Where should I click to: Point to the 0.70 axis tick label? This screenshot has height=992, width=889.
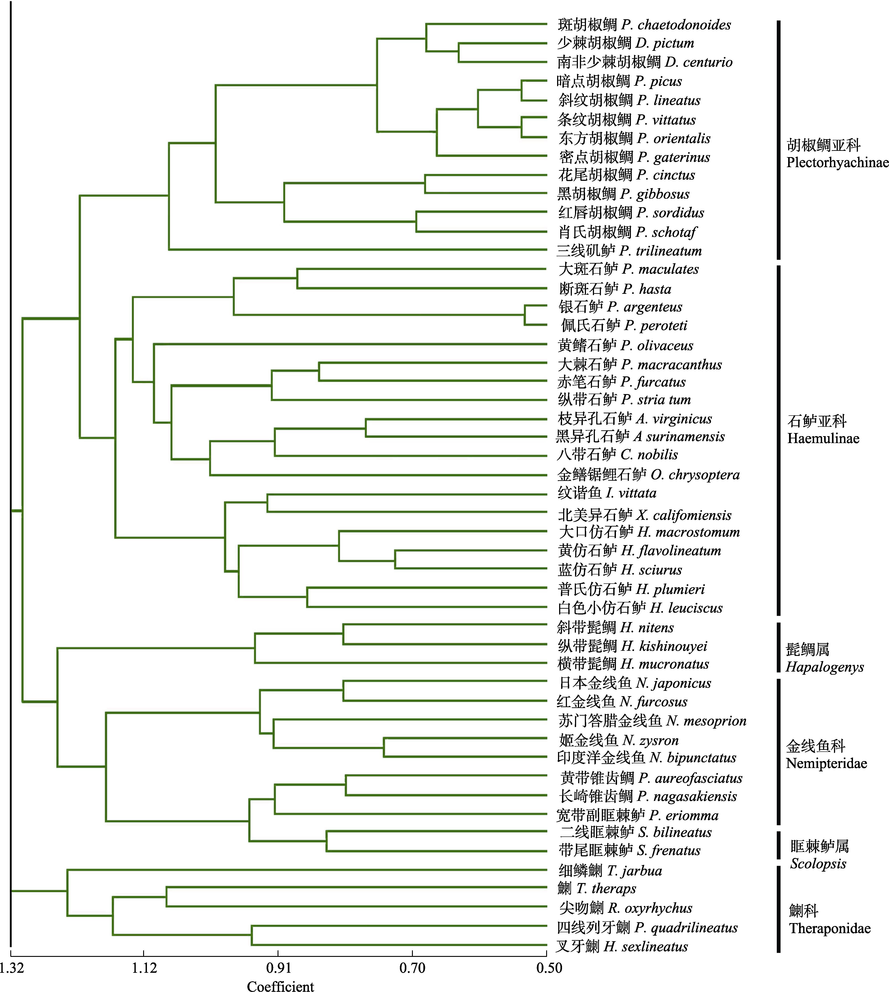click(x=412, y=968)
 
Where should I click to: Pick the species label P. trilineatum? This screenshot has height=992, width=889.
click(x=660, y=251)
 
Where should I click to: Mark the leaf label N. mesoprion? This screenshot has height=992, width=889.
click(x=706, y=721)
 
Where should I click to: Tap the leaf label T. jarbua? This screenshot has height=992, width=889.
click(x=634, y=870)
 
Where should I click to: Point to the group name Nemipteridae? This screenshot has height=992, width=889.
click(x=826, y=763)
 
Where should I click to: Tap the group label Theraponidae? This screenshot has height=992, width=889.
click(x=830, y=928)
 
